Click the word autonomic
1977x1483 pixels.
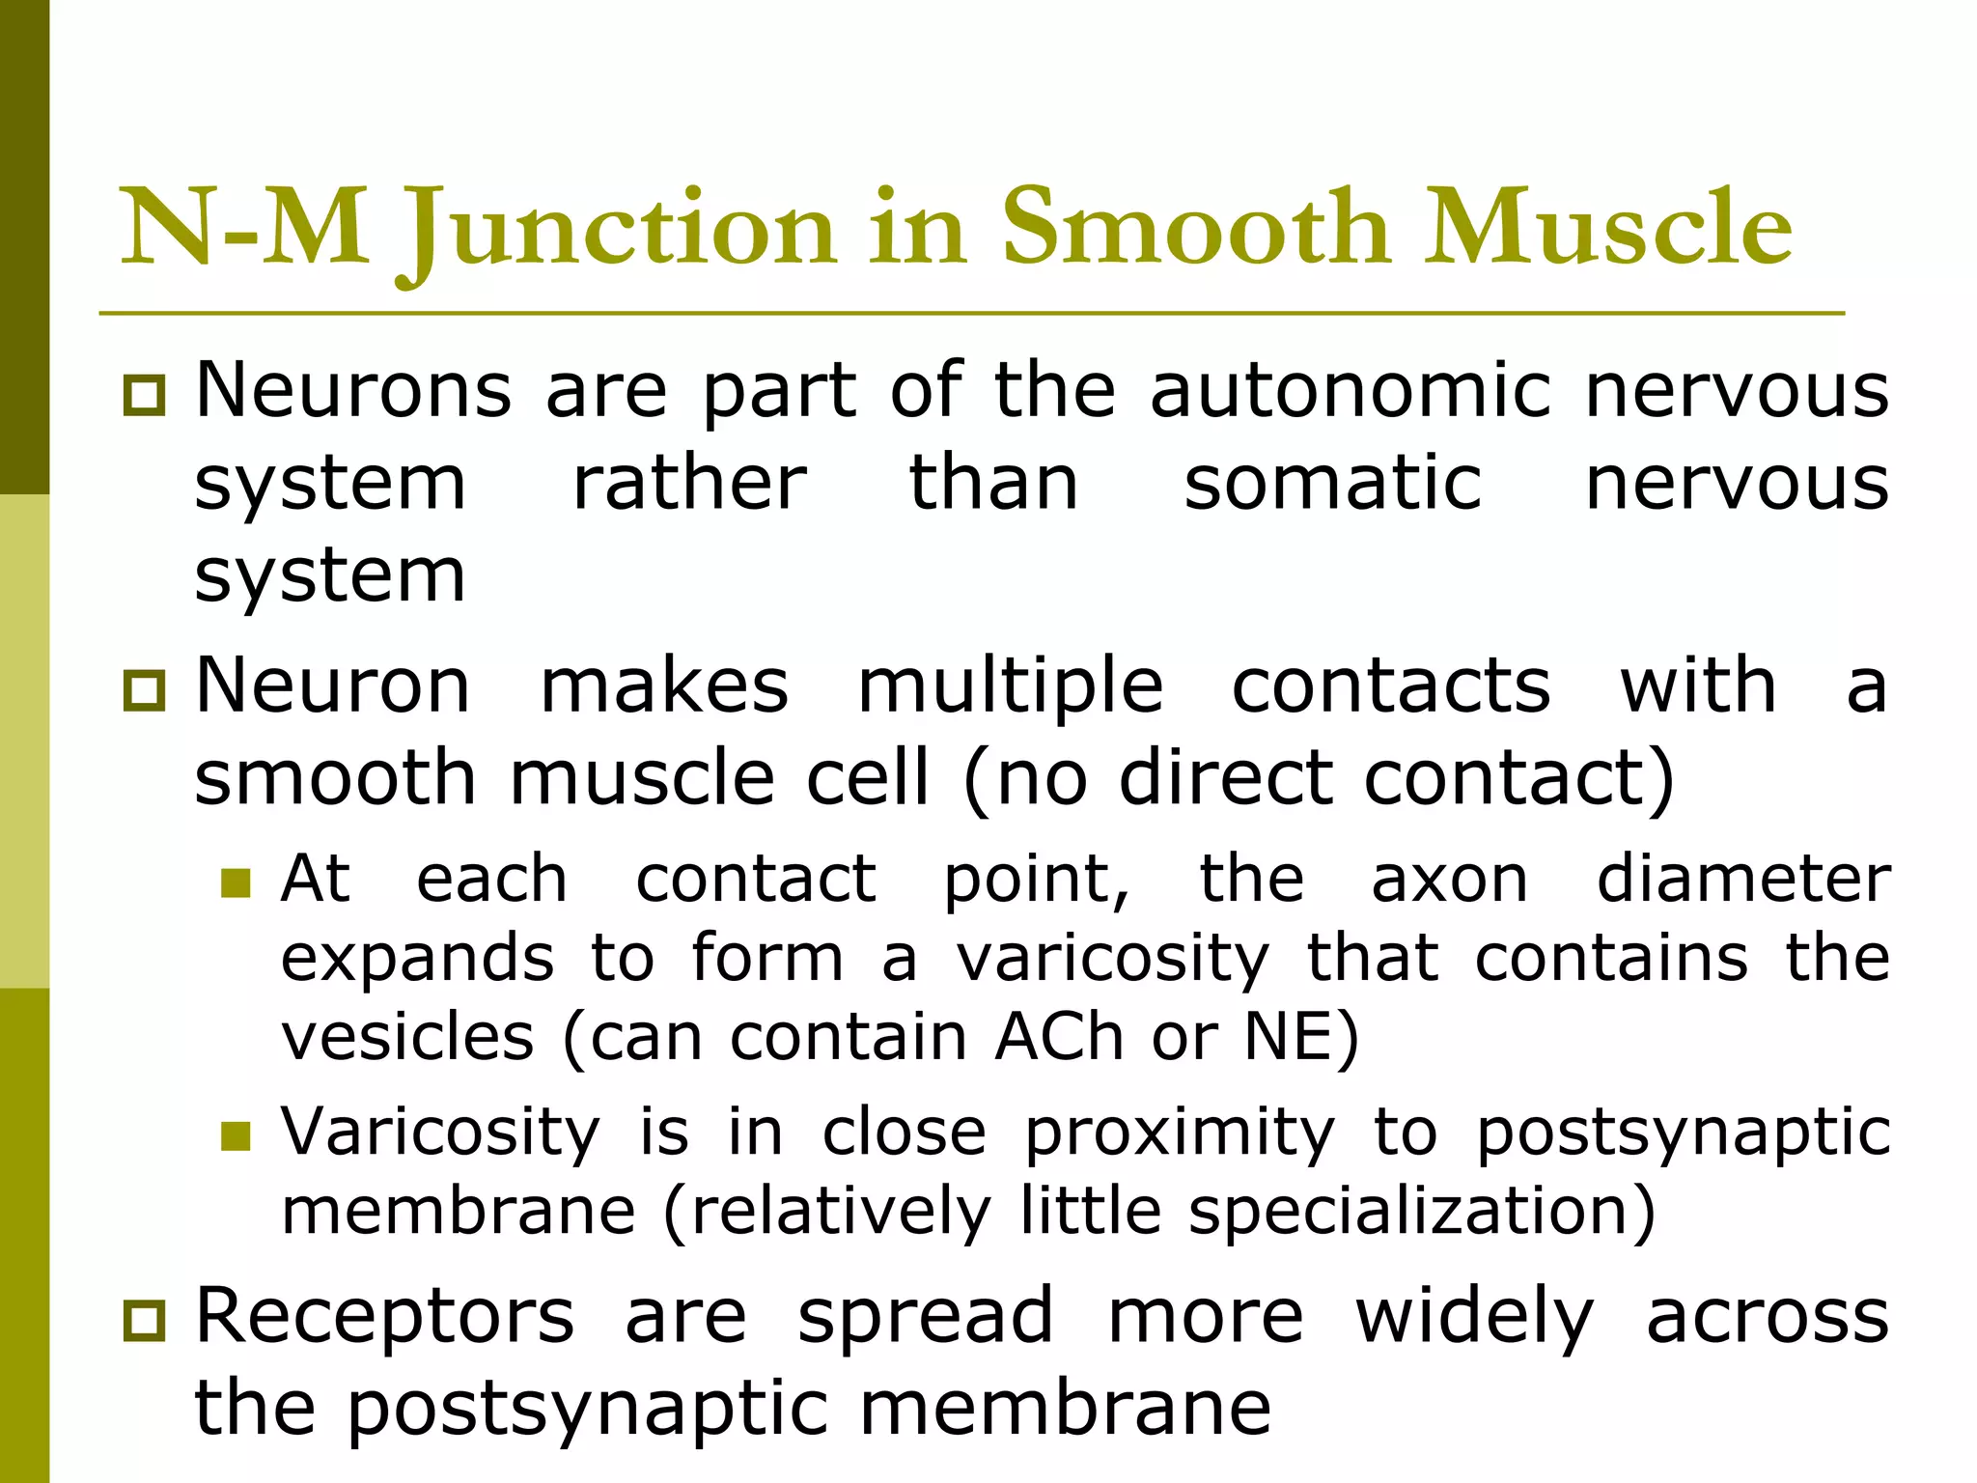1350,391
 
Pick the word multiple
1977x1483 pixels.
1010,686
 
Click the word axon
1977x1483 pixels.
1450,880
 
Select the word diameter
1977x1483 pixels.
1743,880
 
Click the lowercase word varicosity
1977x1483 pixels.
1113,959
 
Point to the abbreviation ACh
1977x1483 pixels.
1060,1038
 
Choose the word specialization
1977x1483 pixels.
1409,1211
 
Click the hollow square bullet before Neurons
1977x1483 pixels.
145,396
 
